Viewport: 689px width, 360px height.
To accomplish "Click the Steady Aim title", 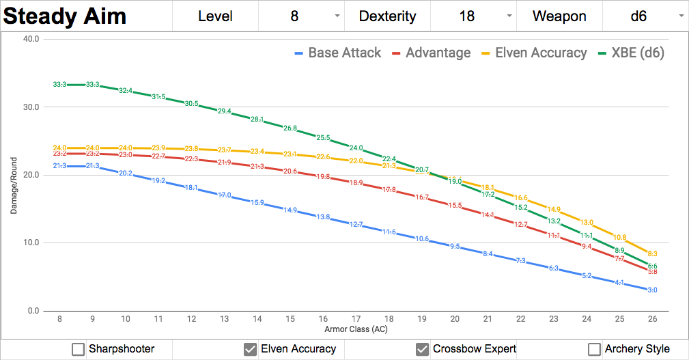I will (x=66, y=16).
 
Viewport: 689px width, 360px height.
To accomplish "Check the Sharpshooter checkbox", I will (x=78, y=349).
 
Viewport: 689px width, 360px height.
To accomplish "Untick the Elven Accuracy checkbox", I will (x=250, y=349).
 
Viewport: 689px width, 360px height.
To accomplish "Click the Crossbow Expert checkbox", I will (x=422, y=349).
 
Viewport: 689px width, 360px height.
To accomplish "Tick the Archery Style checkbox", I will (x=594, y=349).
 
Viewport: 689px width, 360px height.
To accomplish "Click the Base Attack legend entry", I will (x=338, y=53).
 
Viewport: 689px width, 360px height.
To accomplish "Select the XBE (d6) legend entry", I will (x=630, y=53).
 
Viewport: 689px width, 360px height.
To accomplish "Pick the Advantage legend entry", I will (x=432, y=53).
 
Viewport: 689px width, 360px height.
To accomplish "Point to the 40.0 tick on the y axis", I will (x=31, y=39).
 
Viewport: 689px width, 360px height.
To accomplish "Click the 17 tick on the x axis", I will (x=356, y=319).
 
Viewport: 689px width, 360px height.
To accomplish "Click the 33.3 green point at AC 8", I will (x=59, y=85).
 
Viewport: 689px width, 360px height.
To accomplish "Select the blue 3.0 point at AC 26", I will (x=652, y=290).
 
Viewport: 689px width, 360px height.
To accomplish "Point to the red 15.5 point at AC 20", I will (x=455, y=206).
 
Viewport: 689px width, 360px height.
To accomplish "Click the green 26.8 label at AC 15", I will (x=290, y=128).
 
